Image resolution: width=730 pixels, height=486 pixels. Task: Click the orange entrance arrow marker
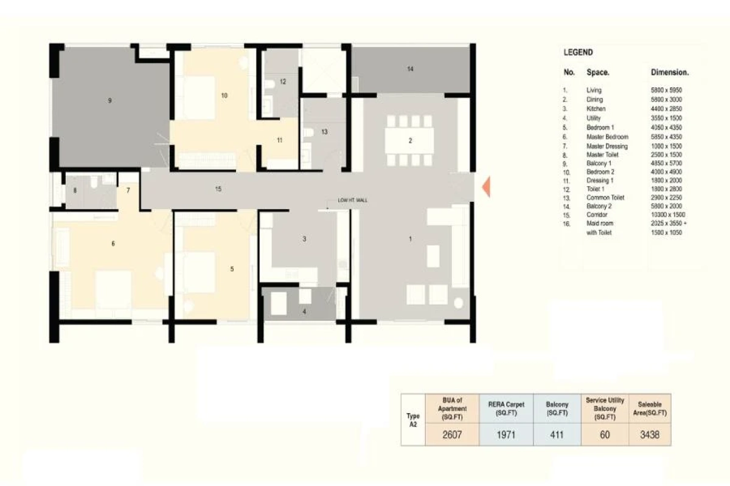[485, 187]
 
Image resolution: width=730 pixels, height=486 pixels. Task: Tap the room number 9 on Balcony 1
[109, 101]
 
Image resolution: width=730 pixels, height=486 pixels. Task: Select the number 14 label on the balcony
[410, 69]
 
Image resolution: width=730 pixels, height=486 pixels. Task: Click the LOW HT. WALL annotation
[353, 200]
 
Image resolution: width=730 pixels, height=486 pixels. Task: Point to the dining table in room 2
[410, 140]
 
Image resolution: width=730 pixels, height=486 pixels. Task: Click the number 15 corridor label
[218, 190]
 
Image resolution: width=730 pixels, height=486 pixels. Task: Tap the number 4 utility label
[305, 312]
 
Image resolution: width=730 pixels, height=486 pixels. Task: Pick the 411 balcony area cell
[557, 435]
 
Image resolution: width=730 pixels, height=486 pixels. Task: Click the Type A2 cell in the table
[412, 420]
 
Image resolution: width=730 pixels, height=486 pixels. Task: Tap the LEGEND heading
[578, 53]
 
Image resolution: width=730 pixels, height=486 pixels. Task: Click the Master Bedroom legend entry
[607, 137]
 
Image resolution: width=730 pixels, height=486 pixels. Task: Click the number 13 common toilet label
[324, 132]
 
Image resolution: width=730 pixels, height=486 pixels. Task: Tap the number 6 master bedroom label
[113, 244]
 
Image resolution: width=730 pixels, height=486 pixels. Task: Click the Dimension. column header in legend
[670, 72]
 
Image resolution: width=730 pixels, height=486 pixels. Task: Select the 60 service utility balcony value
[605, 435]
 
